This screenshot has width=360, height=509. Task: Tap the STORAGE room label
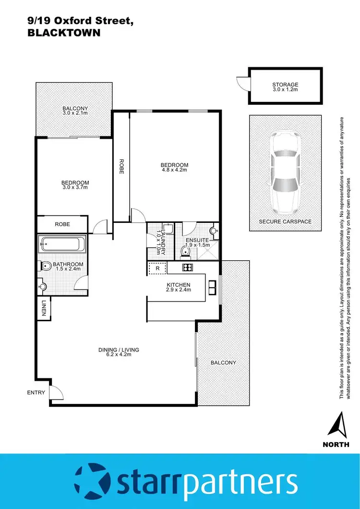[285, 85]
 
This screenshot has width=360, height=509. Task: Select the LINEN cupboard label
[43, 308]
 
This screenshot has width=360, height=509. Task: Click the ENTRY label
[36, 392]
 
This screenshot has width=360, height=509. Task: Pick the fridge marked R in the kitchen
[157, 269]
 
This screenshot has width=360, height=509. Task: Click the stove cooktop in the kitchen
[187, 268]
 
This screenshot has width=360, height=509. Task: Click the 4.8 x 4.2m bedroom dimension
[174, 170]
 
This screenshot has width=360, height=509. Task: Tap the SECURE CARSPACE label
[285, 221]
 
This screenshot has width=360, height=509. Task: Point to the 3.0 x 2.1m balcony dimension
[75, 113]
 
